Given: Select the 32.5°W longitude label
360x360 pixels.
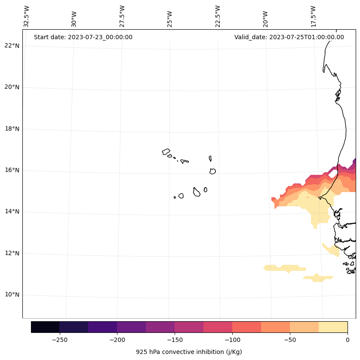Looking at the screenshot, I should click(27, 16).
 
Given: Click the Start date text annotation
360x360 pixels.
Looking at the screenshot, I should click(83, 37).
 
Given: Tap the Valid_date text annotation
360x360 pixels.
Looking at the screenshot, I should click(289, 37).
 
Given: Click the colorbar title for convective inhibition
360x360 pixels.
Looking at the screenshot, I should click(189, 352).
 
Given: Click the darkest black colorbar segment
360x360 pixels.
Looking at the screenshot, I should click(45, 327).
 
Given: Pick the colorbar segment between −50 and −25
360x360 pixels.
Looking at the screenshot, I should click(304, 327).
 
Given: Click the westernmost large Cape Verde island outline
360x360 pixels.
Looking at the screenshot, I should click(166, 152).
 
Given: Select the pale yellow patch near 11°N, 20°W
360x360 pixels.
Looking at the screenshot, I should click(284, 268).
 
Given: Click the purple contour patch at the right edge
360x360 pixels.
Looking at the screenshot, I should click(353, 164).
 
